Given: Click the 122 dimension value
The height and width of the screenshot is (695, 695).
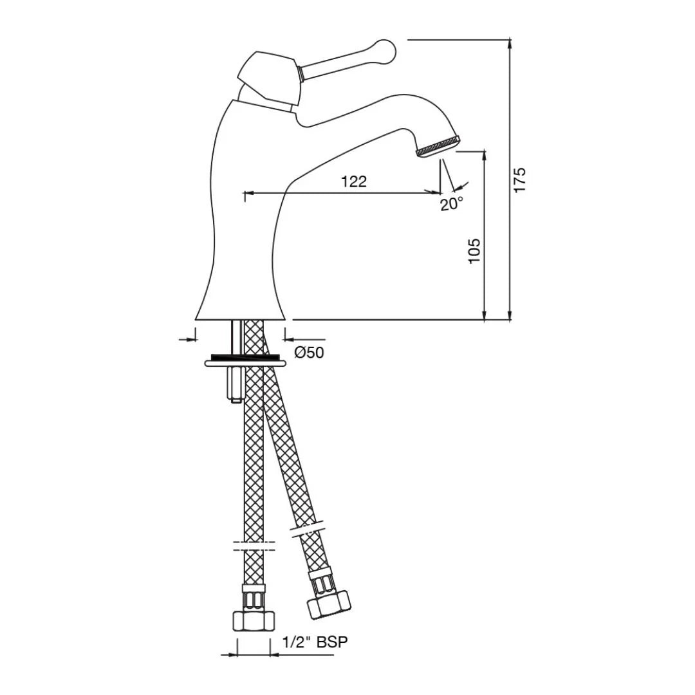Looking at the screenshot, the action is (x=354, y=181).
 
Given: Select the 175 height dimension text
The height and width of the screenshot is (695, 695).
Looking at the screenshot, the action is (x=520, y=180).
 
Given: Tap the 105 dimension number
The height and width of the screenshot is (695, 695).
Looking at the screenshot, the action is (x=474, y=251).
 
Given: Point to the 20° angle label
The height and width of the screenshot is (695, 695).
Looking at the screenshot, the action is (x=452, y=204).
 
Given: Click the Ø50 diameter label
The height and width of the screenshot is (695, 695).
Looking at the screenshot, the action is (x=310, y=353).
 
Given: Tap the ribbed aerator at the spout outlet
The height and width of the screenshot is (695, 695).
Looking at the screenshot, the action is (x=438, y=145).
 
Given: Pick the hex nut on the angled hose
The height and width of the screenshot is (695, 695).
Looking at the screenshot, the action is (x=328, y=605).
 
